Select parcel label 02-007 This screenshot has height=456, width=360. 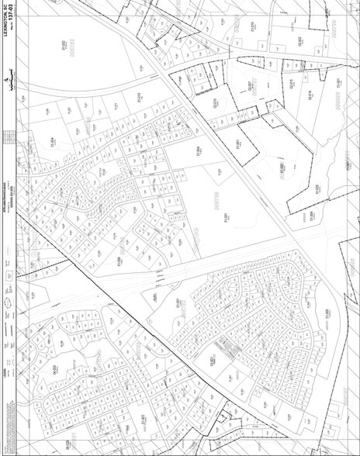pos(251,85)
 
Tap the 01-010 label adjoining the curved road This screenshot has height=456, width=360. pos(140,96)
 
